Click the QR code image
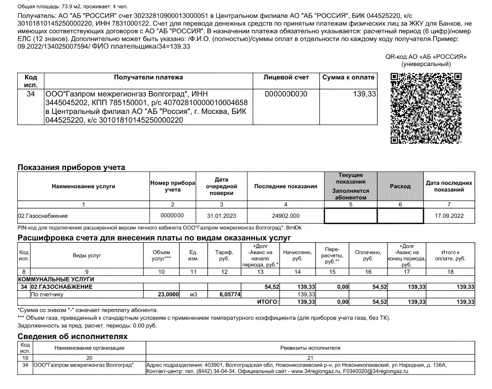pos(426,108)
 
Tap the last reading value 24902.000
pos(285,216)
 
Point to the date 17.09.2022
pos(449,216)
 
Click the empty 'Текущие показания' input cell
pos(350,216)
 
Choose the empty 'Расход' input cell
pos(400,216)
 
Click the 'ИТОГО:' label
pos(268,302)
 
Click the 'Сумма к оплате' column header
pos(348,77)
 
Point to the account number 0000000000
pos(286,94)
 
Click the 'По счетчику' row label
pos(47,294)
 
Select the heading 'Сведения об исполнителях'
pos(72,336)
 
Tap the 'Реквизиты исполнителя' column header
pos(310,348)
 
